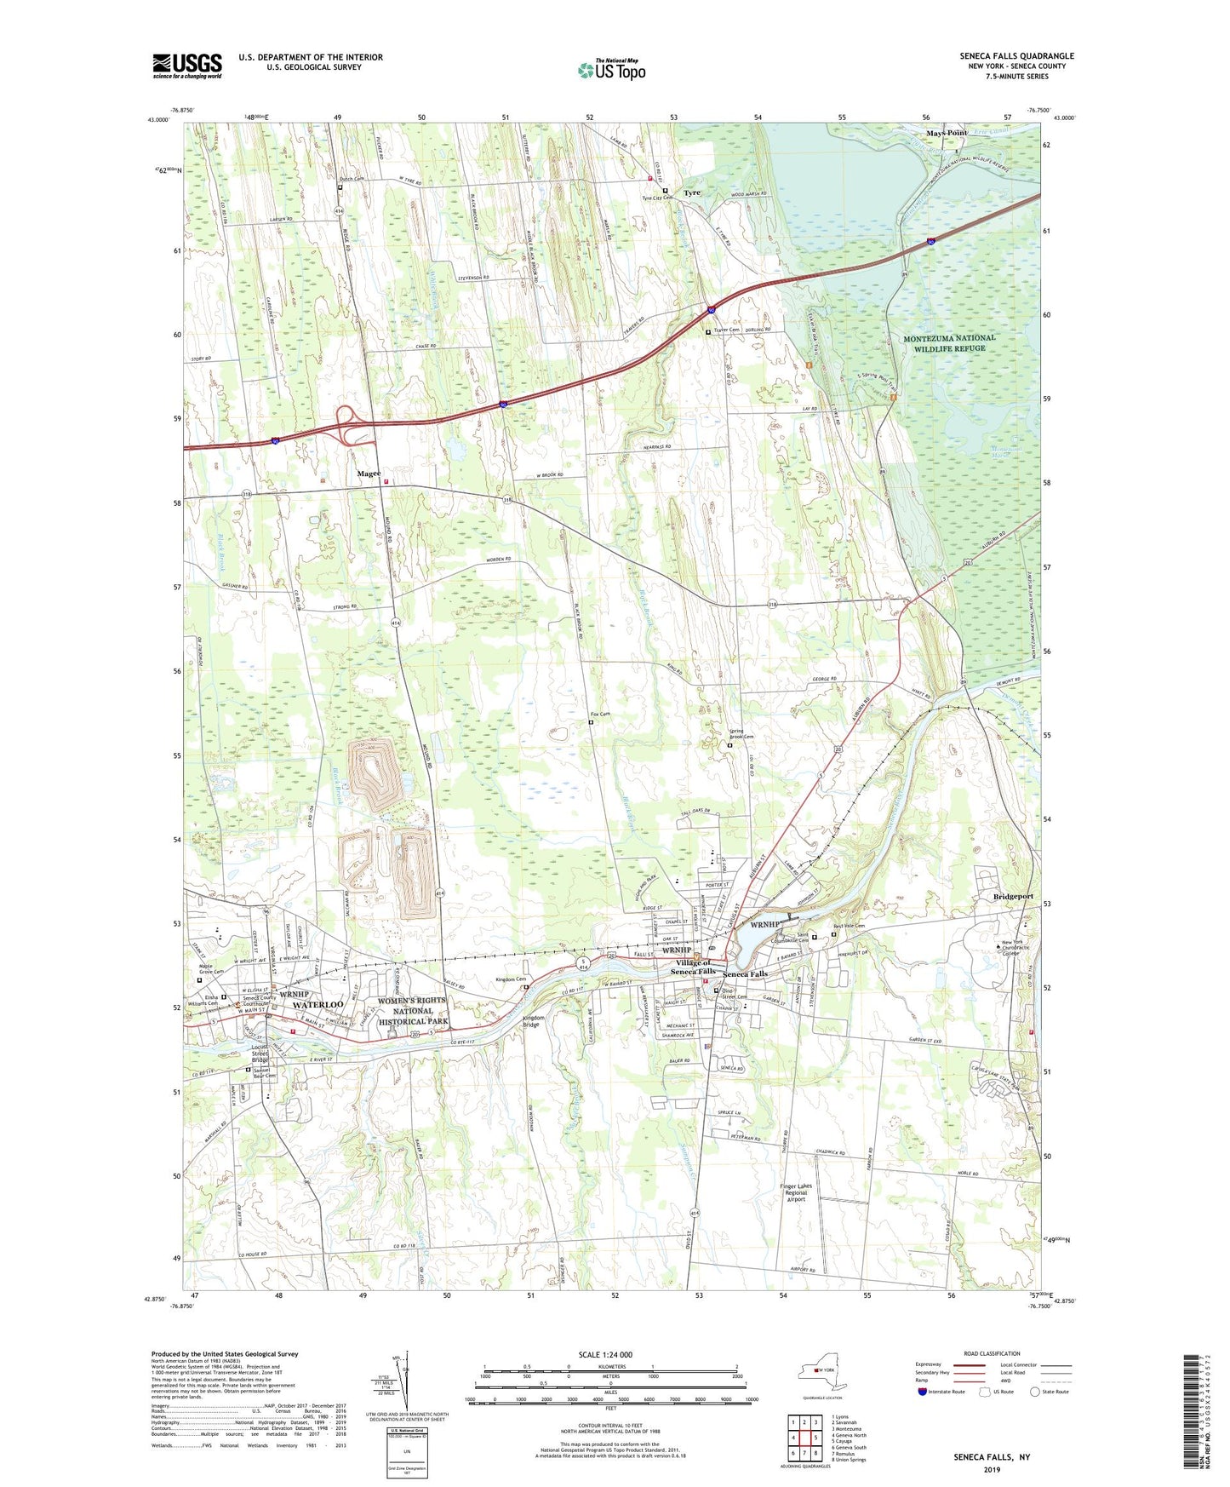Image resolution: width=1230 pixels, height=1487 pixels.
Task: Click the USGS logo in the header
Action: [187, 66]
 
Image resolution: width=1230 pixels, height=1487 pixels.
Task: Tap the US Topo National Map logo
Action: [611, 70]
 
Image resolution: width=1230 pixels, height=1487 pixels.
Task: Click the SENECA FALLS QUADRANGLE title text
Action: [1016, 56]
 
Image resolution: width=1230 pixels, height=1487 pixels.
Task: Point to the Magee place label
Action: [369, 474]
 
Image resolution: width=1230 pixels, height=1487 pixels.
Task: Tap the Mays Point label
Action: [947, 134]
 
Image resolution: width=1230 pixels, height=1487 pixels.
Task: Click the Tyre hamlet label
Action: [692, 193]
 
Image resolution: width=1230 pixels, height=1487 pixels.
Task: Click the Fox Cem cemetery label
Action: [600, 715]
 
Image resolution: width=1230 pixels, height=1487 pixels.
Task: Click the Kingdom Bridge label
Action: [534, 1021]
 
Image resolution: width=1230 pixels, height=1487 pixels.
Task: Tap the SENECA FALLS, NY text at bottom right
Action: [991, 1457]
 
